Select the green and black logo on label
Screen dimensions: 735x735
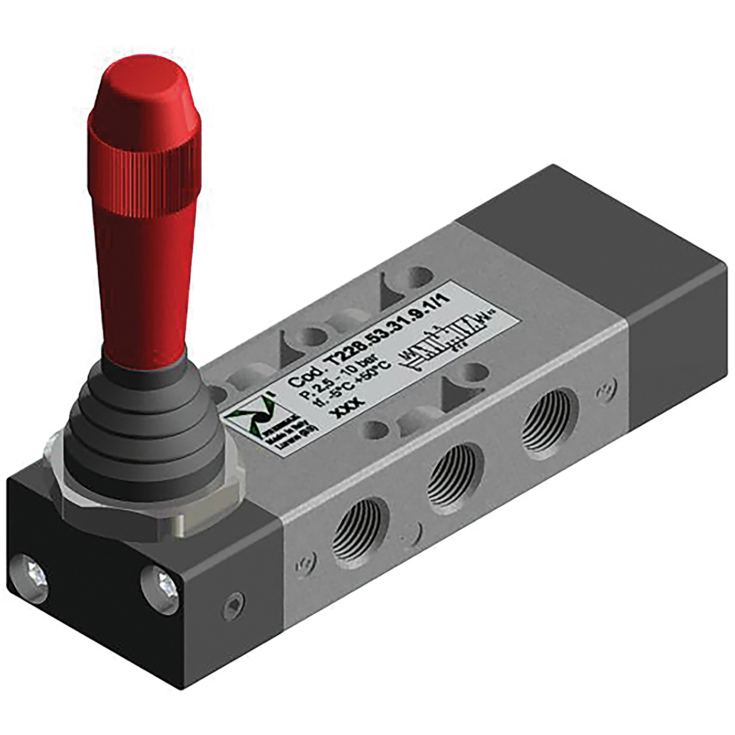(251, 415)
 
